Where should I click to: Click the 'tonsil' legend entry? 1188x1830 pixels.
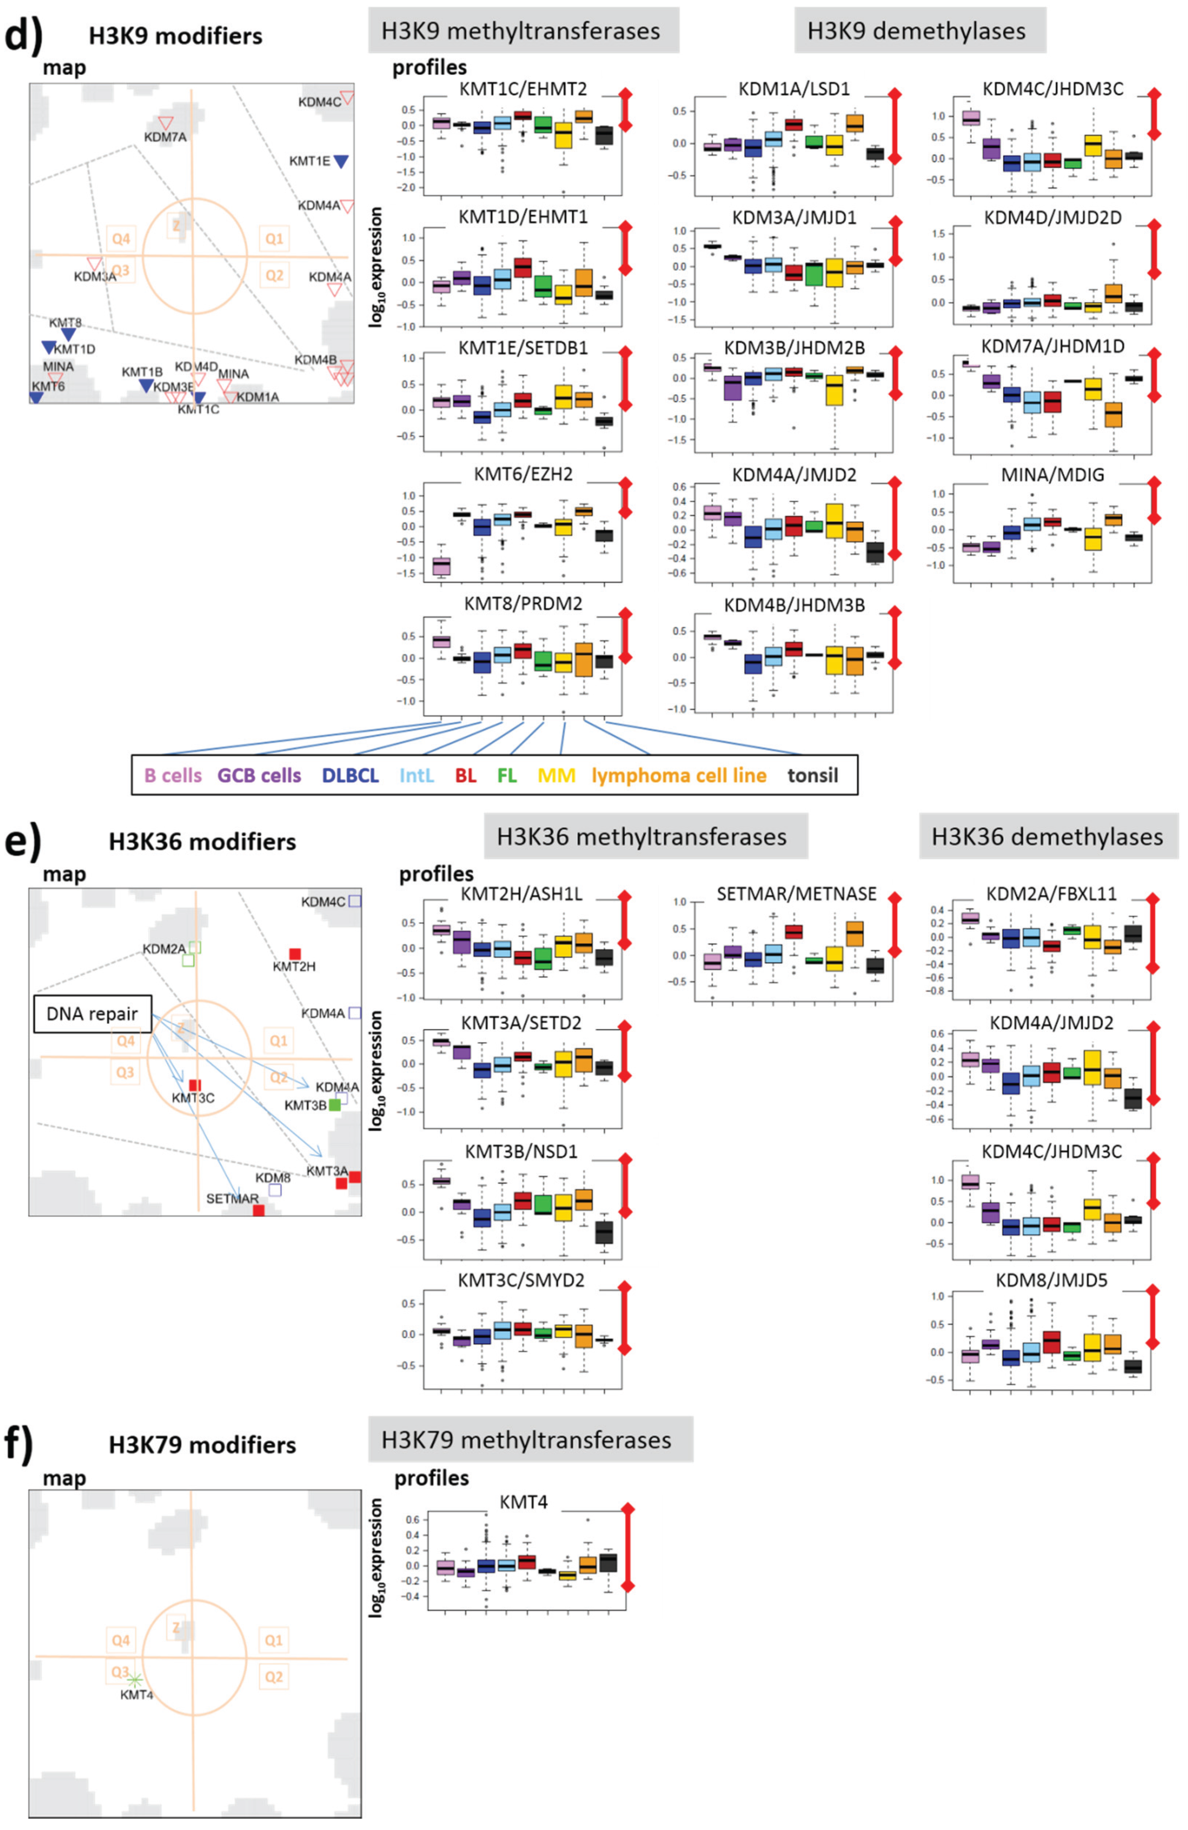(x=812, y=775)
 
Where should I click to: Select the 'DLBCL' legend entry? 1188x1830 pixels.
(x=350, y=775)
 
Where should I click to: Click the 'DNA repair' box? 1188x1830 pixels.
(x=92, y=1013)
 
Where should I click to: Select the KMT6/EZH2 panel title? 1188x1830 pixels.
(x=523, y=474)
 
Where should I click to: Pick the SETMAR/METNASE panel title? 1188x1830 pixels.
(x=796, y=893)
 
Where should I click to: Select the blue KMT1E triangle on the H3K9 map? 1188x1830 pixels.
(x=340, y=161)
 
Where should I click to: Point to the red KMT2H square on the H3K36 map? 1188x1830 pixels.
(x=294, y=953)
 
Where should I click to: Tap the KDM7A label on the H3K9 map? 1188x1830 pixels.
(x=164, y=137)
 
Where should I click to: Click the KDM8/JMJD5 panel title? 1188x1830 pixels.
(x=1051, y=1280)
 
